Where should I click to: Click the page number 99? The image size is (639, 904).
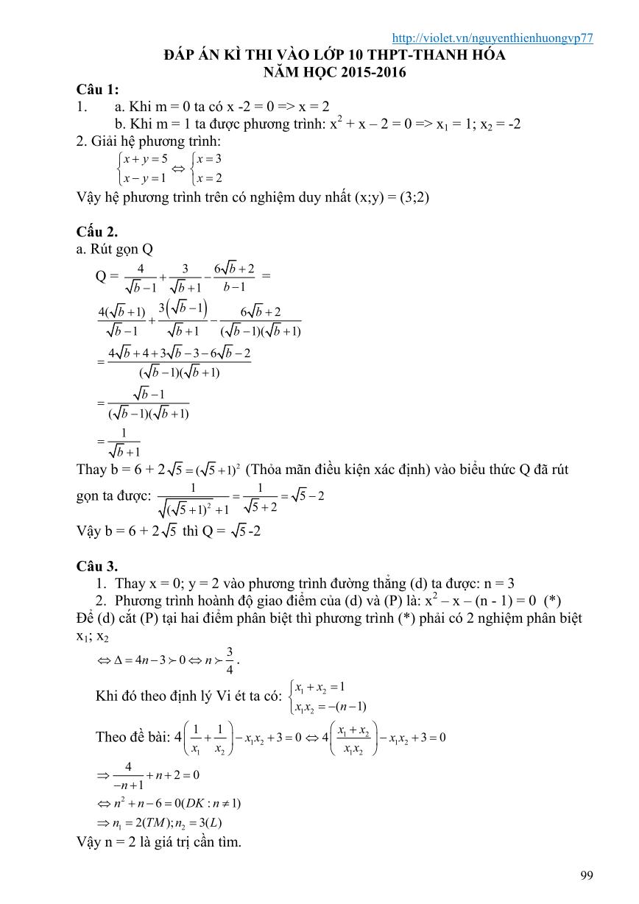pyautogui.click(x=587, y=875)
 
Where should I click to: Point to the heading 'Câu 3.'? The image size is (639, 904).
pyautogui.click(x=96, y=566)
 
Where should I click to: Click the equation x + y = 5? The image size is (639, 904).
pyautogui.click(x=146, y=158)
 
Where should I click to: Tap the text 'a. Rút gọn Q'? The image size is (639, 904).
pyautogui.click(x=114, y=250)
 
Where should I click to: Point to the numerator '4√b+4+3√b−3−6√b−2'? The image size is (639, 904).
pyautogui.click(x=180, y=354)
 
